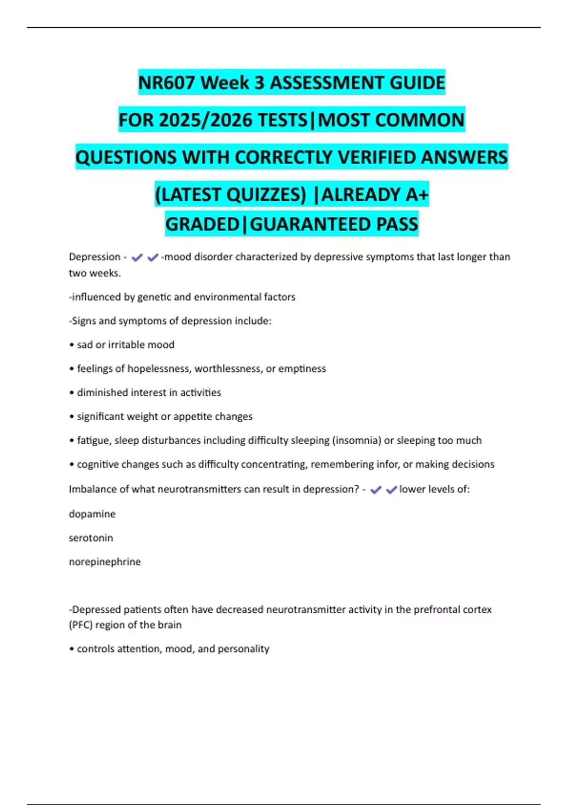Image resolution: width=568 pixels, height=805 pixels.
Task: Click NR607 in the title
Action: coord(166,83)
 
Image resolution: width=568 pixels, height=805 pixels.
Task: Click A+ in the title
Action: coord(417,195)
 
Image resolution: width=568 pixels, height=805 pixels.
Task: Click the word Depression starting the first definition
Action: coord(95,257)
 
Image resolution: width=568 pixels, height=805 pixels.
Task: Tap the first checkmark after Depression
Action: coord(137,258)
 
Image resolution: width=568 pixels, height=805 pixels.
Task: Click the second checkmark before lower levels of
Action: coord(391,490)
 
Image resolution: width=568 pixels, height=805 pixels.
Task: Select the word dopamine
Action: coord(92,514)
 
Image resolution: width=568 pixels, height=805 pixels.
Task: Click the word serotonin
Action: coord(91,538)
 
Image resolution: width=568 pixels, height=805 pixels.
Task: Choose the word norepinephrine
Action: coord(105,562)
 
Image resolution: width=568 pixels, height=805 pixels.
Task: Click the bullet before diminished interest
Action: coord(72,393)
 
